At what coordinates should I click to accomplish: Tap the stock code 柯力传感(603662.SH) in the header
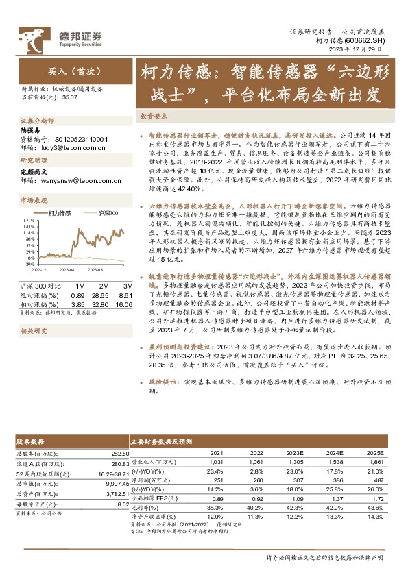tap(356, 41)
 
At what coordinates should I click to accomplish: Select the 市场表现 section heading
tap(32, 200)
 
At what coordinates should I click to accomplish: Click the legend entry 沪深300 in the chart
tap(108, 213)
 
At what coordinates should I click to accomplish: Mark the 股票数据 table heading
tap(32, 442)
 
